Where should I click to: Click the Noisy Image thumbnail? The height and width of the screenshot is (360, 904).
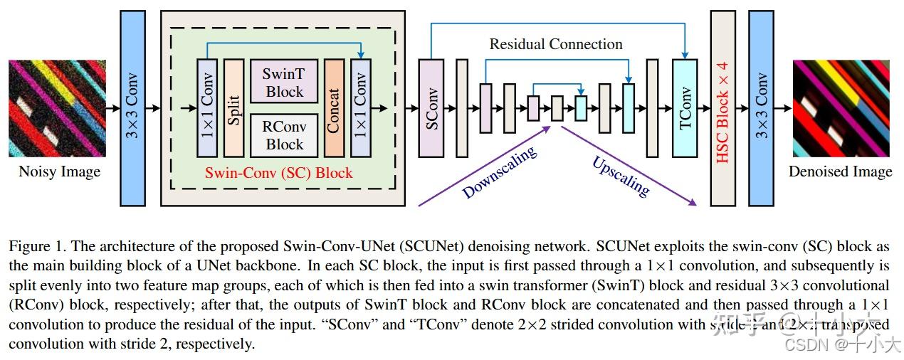click(57, 108)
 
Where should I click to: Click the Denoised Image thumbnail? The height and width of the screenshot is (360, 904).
click(841, 108)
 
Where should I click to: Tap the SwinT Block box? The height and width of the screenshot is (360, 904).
click(285, 83)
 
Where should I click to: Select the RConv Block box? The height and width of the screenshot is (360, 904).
click(285, 135)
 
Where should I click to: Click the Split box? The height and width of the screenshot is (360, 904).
click(234, 108)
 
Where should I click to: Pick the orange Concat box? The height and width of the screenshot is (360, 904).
click(334, 108)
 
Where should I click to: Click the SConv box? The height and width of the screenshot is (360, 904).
click(431, 108)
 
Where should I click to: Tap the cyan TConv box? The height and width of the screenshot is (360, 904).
click(685, 108)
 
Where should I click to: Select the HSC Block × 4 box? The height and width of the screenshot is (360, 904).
click(722, 108)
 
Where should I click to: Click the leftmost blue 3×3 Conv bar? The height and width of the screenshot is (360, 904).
click(133, 108)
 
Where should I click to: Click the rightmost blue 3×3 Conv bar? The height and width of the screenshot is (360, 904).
click(761, 108)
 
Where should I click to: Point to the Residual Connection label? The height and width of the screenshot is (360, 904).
click(555, 44)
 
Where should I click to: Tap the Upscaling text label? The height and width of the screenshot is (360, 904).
click(621, 176)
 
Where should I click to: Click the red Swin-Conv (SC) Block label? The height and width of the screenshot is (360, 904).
click(278, 173)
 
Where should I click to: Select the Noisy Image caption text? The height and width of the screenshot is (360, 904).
click(59, 172)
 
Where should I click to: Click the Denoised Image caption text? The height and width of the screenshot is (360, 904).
click(840, 172)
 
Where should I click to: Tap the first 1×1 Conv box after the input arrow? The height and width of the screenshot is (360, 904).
click(207, 108)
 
